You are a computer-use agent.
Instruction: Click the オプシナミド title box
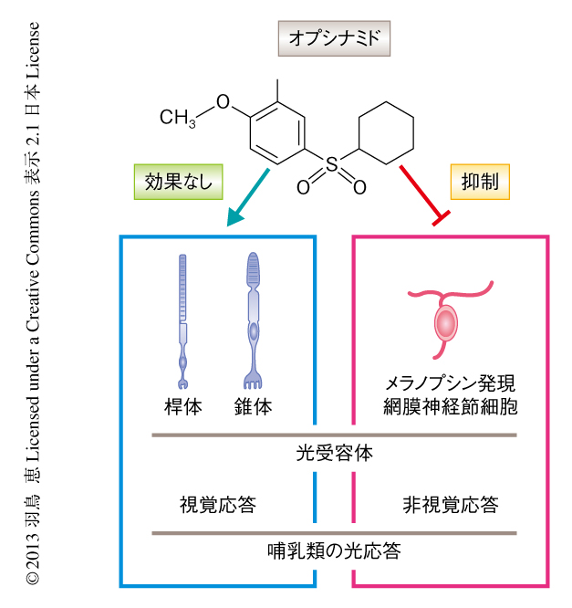coord(333,38)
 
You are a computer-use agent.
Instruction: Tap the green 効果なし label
coord(178,181)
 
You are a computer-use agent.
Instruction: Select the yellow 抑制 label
coord(481,181)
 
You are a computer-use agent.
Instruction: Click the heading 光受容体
coord(334,453)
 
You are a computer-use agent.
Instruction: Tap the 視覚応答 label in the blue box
coord(217,504)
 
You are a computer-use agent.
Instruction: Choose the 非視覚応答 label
coord(451,504)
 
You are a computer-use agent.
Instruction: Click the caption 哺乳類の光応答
coord(334,551)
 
